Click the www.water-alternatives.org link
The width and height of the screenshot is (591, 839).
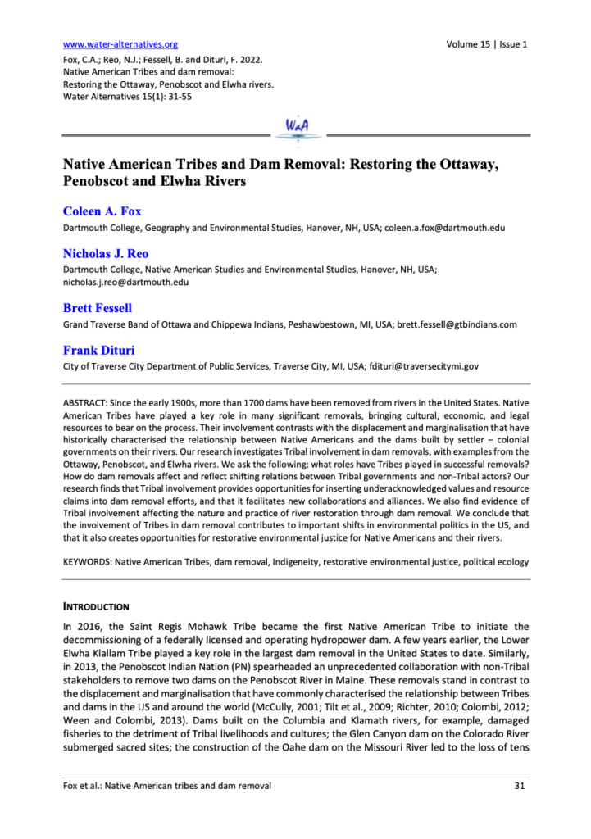[120, 44]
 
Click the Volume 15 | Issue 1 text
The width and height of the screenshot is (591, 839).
[487, 44]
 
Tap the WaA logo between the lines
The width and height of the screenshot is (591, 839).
[296, 128]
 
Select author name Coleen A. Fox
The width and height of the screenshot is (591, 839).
[102, 211]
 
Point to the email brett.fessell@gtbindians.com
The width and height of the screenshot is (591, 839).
[454, 324]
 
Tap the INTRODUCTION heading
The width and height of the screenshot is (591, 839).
[96, 607]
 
